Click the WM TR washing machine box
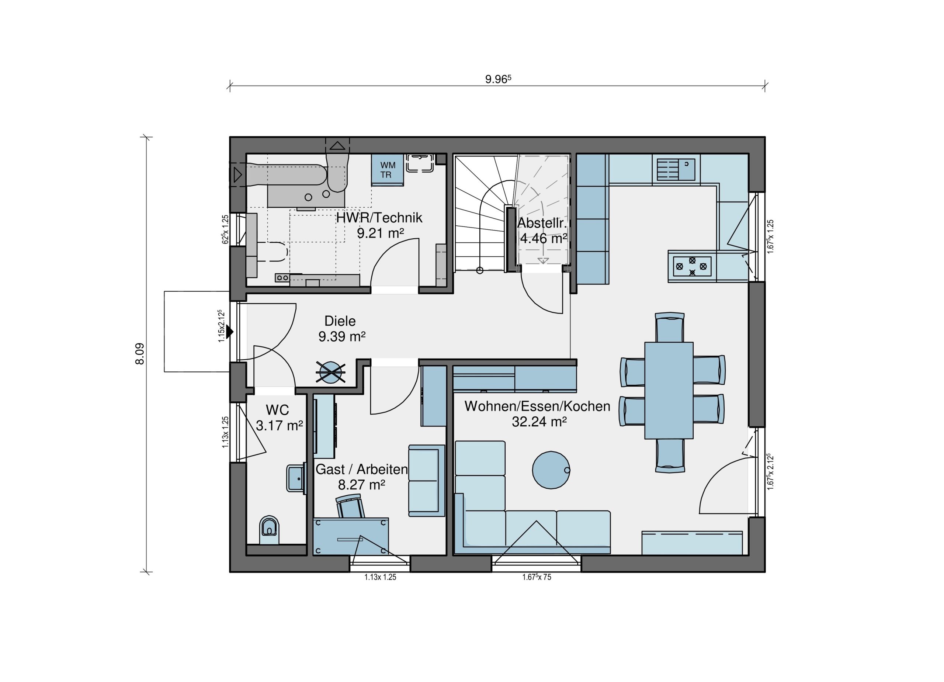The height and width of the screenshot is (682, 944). coord(388,170)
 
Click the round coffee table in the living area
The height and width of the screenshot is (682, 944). coord(551,470)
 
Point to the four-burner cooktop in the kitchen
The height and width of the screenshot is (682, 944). coord(692,266)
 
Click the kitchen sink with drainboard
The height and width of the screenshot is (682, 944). coord(676,169)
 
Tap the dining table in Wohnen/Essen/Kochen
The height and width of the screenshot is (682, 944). coord(669,391)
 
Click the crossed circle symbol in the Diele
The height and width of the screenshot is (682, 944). coord(331,372)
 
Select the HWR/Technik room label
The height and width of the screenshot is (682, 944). coord(379,218)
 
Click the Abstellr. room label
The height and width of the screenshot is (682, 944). coord(542,223)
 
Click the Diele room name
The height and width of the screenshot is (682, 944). coord(340,321)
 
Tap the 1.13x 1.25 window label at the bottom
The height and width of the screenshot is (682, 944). coord(381,578)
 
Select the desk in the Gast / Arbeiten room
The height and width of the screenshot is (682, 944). coord(351,536)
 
